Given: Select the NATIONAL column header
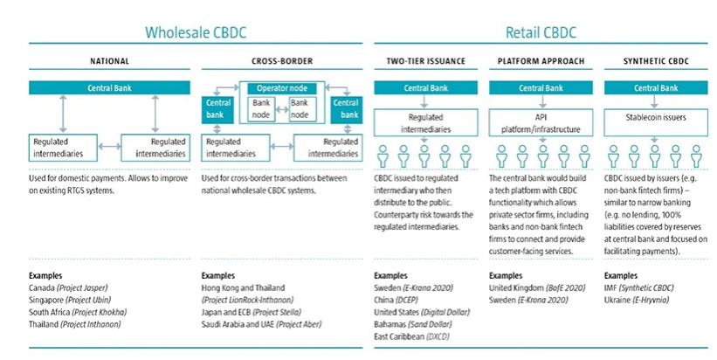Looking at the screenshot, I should [x=110, y=61].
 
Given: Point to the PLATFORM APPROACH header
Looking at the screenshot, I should [x=541, y=61].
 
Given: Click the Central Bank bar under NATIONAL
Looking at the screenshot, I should [x=109, y=88].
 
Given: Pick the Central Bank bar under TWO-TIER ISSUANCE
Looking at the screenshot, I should [x=425, y=88].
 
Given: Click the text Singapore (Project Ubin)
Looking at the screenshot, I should [x=76, y=300].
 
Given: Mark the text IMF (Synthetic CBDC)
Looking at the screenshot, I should [x=645, y=287].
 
